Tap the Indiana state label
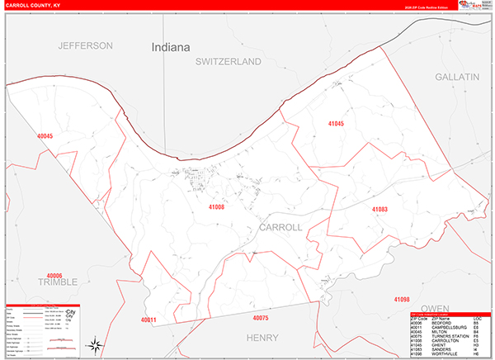[x=172, y=48]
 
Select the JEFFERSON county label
[x=85, y=45]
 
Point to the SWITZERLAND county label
[x=228, y=62]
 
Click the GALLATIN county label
[x=456, y=76]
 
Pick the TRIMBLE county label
[x=57, y=282]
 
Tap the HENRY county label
[x=262, y=337]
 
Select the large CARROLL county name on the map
[x=280, y=226]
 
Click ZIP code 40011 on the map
[x=148, y=320]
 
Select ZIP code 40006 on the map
[x=54, y=275]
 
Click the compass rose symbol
[x=97, y=343]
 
